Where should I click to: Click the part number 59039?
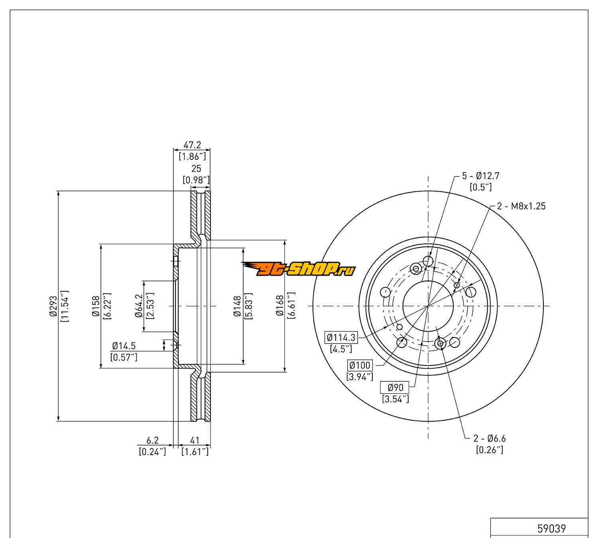[551, 528]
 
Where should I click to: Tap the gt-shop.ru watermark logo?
[299, 269]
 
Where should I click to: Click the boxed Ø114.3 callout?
[341, 338]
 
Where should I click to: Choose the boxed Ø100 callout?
[360, 365]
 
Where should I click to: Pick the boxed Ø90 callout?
[395, 387]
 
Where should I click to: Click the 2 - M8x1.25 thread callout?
[521, 206]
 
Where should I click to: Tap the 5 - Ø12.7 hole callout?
[480, 175]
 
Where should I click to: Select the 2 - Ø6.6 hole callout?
[489, 439]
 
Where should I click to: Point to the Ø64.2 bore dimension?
[139, 306]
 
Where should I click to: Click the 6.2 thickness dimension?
[153, 440]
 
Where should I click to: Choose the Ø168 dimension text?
[280, 306]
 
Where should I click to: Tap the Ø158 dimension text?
[96, 306]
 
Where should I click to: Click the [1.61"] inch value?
[195, 452]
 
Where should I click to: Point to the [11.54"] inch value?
[65, 306]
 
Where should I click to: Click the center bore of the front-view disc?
[428, 306]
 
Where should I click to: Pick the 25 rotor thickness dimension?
[196, 169]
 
